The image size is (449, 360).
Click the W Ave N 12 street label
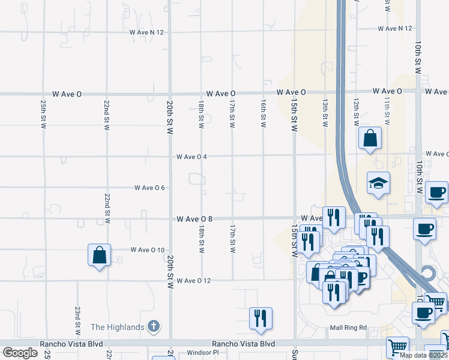[x=395, y=28]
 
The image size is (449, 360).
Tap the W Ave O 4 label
[x=191, y=157]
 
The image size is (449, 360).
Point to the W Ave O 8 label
[x=194, y=220]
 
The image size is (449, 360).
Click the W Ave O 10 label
[x=147, y=250]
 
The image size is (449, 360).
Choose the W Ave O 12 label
[x=194, y=281]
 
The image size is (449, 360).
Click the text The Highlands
[x=117, y=327]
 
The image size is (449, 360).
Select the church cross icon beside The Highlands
[x=153, y=327]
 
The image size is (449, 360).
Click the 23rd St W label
[x=78, y=320]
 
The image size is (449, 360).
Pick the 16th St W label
[x=263, y=114]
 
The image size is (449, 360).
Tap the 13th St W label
[x=325, y=113]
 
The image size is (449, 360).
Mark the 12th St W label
[x=356, y=113]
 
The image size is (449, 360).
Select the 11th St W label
[x=387, y=113]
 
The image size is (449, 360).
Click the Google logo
[x=20, y=353]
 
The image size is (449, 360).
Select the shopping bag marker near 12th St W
[x=370, y=138]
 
